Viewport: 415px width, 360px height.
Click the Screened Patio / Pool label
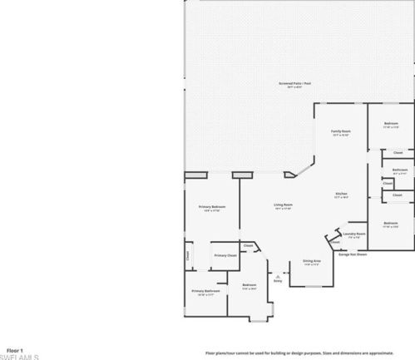coord(294,85)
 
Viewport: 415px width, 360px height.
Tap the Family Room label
coord(341,132)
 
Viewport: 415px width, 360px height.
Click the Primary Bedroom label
coord(211,207)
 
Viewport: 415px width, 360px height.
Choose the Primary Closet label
coord(225,255)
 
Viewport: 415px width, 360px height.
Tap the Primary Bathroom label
coord(205,292)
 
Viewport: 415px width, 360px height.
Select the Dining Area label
coord(312,261)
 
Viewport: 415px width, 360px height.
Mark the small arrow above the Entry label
coord(278,276)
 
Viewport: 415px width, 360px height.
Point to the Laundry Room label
coord(354,235)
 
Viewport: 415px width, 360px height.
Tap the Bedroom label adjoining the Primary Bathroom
coord(249,286)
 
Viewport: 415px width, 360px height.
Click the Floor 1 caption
coord(15,351)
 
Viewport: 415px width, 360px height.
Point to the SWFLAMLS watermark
coord(20,357)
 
